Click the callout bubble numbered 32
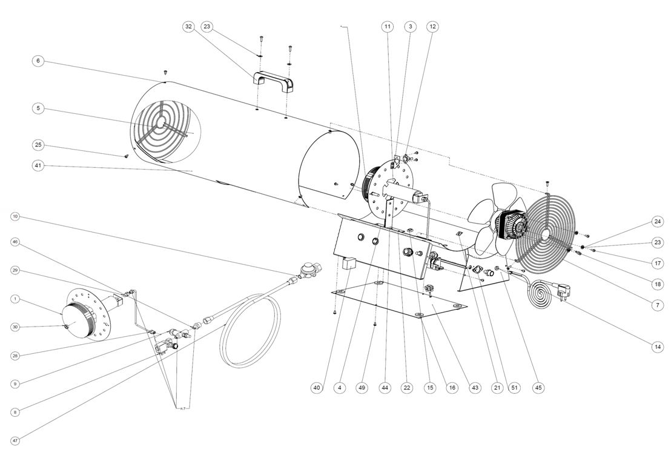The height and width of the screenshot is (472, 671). click(x=189, y=27)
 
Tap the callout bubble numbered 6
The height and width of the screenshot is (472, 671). click(x=38, y=61)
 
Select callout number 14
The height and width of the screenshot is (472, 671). click(x=658, y=347)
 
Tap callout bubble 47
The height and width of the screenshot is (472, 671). click(x=15, y=440)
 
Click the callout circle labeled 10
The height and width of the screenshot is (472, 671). click(x=15, y=216)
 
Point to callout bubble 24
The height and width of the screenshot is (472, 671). click(x=658, y=221)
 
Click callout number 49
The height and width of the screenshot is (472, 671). click(x=362, y=388)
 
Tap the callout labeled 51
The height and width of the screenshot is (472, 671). click(x=515, y=388)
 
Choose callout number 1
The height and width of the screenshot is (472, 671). click(x=15, y=299)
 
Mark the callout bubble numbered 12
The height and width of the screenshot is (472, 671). click(x=432, y=27)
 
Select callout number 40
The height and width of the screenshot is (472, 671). click(x=316, y=388)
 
